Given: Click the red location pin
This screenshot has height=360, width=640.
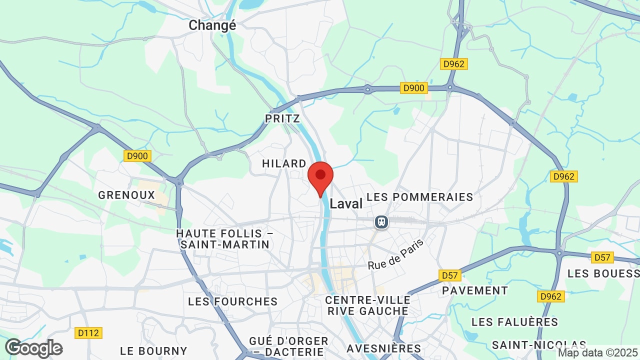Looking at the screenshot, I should tap(320, 176).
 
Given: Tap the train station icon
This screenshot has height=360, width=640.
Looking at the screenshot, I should tap(381, 221).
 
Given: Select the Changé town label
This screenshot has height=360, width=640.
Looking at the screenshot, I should tap(212, 25).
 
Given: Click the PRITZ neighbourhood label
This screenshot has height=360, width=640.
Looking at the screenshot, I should tap(282, 118).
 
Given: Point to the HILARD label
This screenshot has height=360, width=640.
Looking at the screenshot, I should tap(284, 163).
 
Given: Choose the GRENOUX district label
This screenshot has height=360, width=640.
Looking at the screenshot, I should tap(126, 195).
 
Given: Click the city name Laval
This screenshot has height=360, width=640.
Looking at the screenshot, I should tap(346, 203).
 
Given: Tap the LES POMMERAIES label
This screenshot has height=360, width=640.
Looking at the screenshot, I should tap(420, 197).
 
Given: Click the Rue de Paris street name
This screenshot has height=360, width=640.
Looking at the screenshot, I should tap(395, 254).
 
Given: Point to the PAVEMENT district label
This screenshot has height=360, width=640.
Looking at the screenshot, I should tap(475, 290).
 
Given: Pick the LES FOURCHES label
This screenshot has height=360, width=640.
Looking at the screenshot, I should tap(233, 301).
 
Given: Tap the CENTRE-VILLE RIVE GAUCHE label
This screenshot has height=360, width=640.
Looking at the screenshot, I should tap(367, 305).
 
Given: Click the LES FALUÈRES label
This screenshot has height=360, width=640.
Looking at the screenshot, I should tap(514, 321).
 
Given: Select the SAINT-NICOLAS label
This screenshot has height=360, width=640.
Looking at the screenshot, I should tap(539, 345).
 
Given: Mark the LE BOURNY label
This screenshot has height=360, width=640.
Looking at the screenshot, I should tap(154, 351).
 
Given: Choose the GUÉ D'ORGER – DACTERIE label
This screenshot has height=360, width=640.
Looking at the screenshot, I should tap(289, 346).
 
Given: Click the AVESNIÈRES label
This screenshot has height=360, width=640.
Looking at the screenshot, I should tap(384, 348).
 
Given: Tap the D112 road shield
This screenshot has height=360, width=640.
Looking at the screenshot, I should tap(88, 332).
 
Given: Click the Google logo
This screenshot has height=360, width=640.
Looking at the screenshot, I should tap(33, 348).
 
